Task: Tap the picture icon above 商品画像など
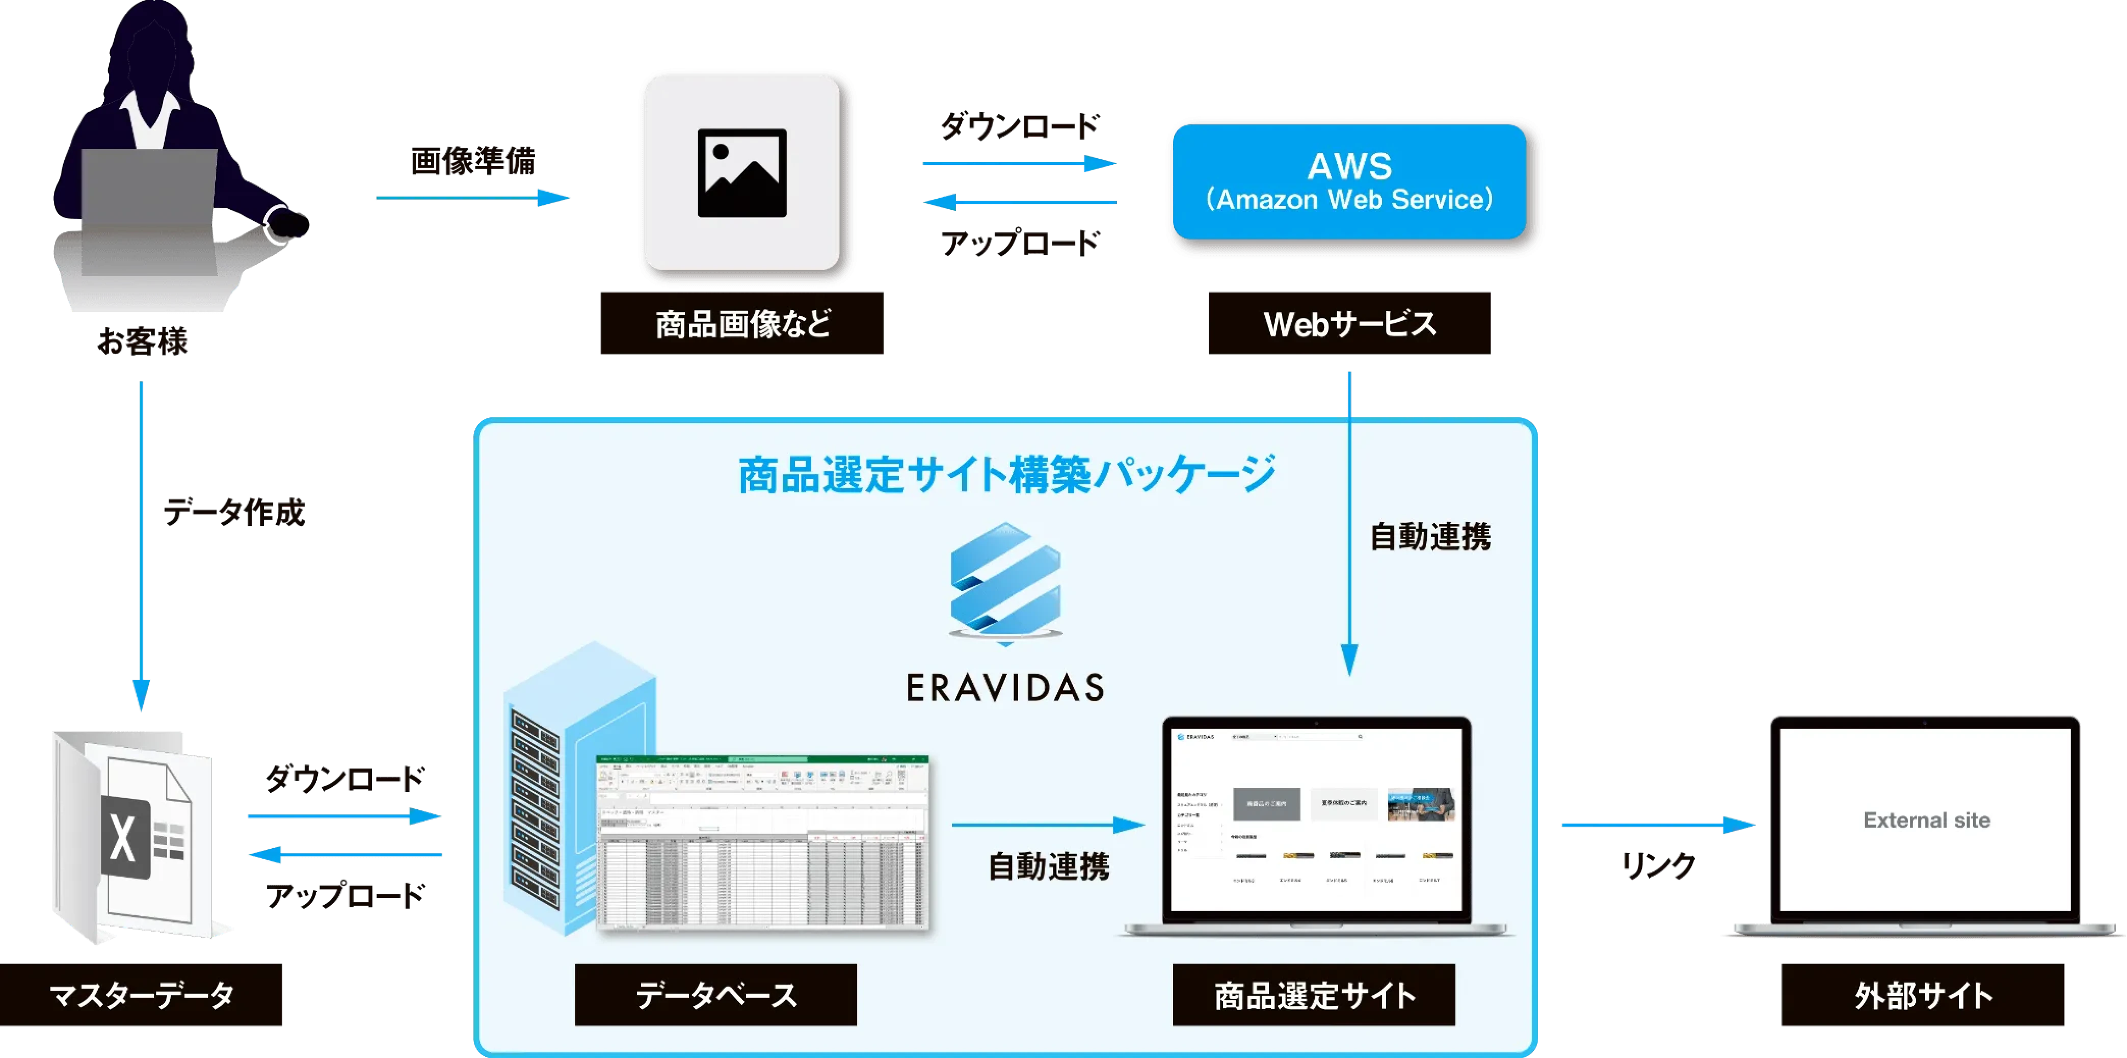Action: (x=741, y=173)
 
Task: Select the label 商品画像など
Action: (x=741, y=323)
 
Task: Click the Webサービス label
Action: (x=1349, y=323)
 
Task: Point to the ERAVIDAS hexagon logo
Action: (x=1005, y=583)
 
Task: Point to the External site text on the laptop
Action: (x=1926, y=820)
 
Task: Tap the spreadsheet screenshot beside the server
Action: (x=762, y=842)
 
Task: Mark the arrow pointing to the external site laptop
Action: (x=1656, y=824)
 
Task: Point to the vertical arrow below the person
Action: (x=142, y=545)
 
